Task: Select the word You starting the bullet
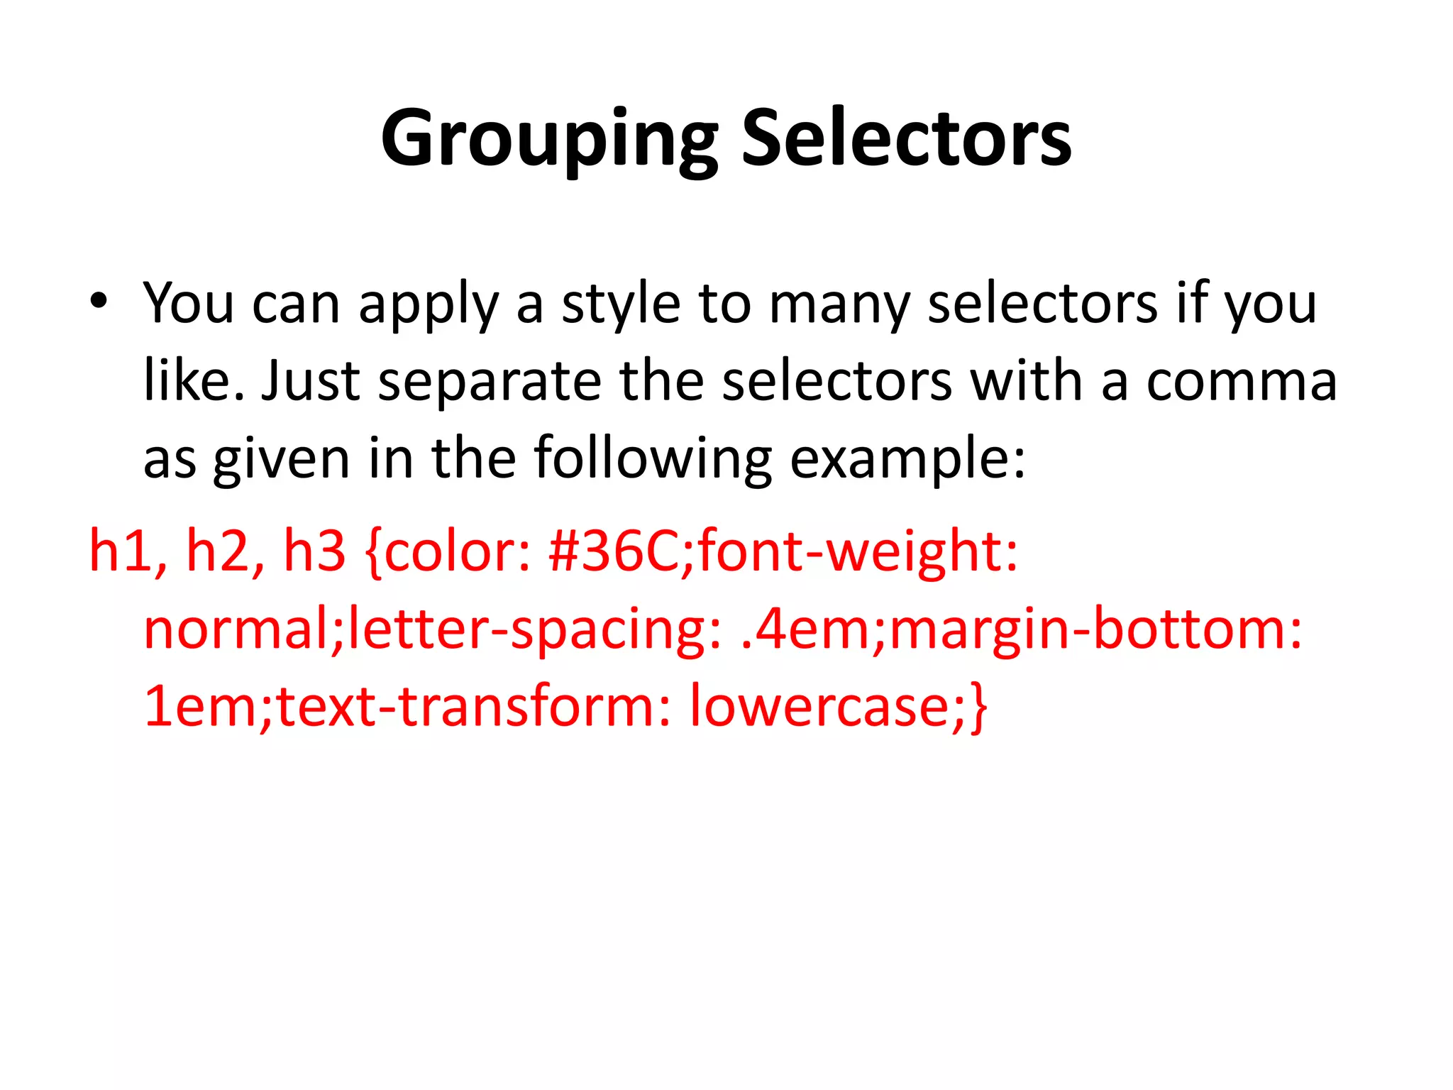pos(188,304)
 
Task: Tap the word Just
pos(311,381)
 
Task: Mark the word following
pos(652,460)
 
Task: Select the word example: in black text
pos(907,460)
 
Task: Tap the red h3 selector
pos(314,551)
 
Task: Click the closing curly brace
pos(978,708)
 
